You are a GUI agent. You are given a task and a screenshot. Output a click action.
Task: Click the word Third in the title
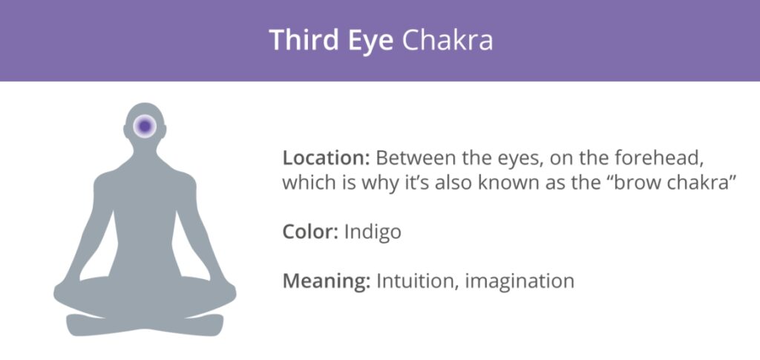[x=304, y=40]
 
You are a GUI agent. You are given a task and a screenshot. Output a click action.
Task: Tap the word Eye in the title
[x=371, y=42]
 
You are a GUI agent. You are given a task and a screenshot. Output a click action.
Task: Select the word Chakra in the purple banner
[x=448, y=40]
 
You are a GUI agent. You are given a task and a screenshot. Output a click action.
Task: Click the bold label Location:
[x=327, y=158]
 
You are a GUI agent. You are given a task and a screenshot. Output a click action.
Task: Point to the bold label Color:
[x=310, y=232]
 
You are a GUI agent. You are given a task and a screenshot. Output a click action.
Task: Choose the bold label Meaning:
[x=327, y=282]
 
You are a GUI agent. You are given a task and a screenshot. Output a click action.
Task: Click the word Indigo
[x=373, y=232]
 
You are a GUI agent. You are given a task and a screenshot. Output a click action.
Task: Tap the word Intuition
[x=417, y=281]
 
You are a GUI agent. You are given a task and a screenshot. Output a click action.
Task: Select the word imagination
[x=520, y=282]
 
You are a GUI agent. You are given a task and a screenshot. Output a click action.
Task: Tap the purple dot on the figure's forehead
[x=145, y=126]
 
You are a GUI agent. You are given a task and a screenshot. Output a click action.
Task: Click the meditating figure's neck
[x=145, y=155]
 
